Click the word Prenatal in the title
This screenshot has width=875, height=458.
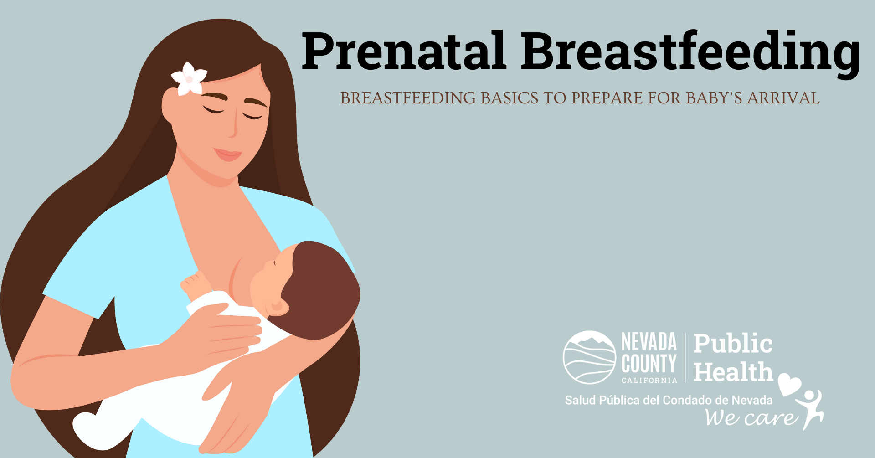tap(404, 51)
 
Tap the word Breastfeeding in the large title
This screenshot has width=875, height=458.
tap(690, 52)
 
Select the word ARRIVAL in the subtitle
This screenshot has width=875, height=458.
tap(783, 98)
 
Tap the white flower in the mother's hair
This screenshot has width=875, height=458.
tap(189, 78)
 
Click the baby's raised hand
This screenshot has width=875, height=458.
tap(195, 283)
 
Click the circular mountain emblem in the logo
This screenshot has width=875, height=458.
tap(589, 357)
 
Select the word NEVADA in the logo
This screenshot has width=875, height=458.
tap(649, 342)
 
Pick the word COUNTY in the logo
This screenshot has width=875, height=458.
tap(649, 364)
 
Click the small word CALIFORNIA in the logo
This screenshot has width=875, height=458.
tap(649, 380)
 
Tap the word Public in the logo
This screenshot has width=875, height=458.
tap(733, 344)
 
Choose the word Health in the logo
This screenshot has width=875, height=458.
tap(733, 372)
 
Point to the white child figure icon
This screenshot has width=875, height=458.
tap(810, 408)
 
